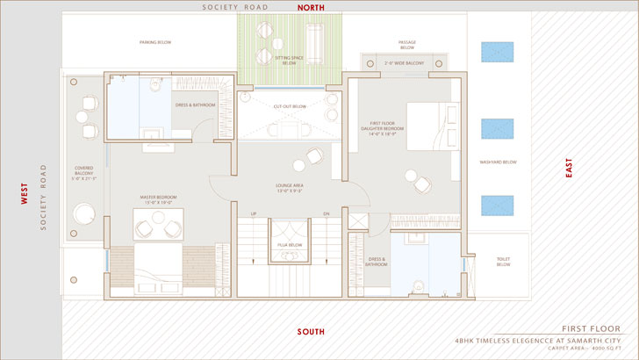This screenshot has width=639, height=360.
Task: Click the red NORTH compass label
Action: tap(311, 7)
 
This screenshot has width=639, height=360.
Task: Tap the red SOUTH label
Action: tap(311, 332)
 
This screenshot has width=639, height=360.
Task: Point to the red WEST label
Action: tap(25, 193)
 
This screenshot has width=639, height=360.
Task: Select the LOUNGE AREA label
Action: tap(291, 188)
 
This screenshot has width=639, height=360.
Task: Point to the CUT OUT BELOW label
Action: tap(290, 106)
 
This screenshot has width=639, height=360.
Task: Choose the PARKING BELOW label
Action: tap(154, 42)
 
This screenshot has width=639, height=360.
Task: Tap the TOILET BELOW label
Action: tap(503, 262)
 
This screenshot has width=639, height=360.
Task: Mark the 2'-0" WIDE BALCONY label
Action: tap(405, 63)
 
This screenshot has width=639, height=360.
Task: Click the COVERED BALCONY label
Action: tap(84, 172)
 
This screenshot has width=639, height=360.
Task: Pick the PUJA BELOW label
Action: tap(290, 245)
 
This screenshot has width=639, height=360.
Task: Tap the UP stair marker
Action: tap(254, 213)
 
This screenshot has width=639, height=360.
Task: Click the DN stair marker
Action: tap(327, 213)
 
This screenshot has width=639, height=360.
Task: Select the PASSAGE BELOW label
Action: tap(407, 45)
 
